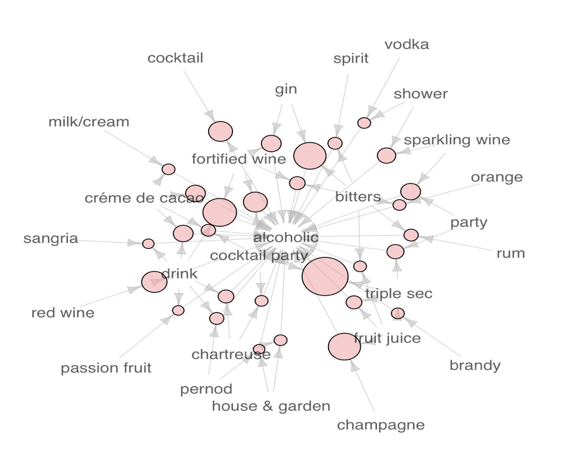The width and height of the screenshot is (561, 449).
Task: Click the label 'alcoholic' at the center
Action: coord(285,237)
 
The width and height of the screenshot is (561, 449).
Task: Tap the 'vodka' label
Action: coord(406,44)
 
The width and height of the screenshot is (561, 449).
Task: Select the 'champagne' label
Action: coord(381,425)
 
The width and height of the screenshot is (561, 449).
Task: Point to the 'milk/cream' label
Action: coord(88,122)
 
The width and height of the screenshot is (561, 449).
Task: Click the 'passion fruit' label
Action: coord(106,368)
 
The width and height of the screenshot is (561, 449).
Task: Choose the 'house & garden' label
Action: coord(271,406)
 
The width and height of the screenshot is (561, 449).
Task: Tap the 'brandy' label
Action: coord(475,365)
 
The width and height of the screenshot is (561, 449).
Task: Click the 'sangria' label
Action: coord(51,239)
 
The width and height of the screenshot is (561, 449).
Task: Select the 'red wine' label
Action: coord(63,312)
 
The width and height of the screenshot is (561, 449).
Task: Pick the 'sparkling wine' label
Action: coord(457,140)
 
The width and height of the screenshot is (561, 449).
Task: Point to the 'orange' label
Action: coord(497,178)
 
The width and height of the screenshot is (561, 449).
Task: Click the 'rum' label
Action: coord(510,254)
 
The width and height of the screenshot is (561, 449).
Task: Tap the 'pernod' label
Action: coord(206,389)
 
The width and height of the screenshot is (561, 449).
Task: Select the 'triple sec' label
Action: coord(399,294)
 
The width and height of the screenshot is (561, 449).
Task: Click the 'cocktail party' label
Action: coord(259,256)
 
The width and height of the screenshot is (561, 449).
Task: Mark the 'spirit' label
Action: coord(351,58)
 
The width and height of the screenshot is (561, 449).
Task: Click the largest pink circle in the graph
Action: coord(325,276)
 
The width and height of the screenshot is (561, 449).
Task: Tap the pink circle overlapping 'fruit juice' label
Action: coord(344,346)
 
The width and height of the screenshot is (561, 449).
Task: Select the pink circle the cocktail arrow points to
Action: coord(221,131)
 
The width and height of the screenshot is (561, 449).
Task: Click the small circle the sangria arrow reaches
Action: coord(148,244)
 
